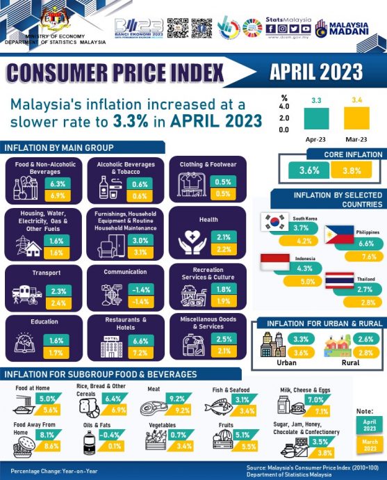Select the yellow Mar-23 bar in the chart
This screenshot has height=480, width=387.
[356, 118]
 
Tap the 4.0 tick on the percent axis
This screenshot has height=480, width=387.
[284, 107]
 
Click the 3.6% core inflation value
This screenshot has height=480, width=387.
[308, 170]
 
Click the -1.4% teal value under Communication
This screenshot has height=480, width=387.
[141, 289]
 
